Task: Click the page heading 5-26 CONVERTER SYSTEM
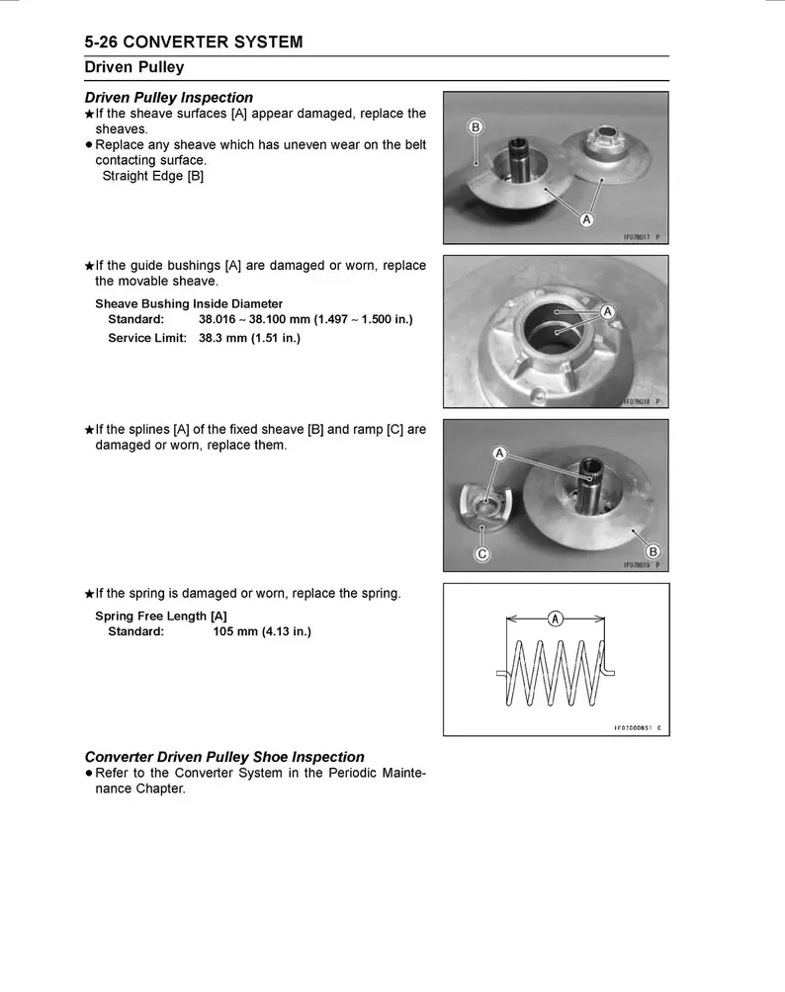[194, 42]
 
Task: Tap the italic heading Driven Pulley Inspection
[169, 98]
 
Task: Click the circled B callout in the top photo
[476, 127]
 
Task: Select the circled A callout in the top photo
[586, 218]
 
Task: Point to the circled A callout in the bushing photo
[609, 311]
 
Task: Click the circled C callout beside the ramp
[482, 553]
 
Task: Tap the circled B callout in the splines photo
[653, 550]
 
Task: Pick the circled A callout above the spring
[556, 619]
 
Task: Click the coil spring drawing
[556, 672]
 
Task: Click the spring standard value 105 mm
[261, 632]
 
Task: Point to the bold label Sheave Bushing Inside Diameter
[189, 303]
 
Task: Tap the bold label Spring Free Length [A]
[161, 616]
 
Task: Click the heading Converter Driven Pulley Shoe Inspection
[224, 757]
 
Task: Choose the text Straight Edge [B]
[153, 176]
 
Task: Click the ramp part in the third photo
[484, 506]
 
